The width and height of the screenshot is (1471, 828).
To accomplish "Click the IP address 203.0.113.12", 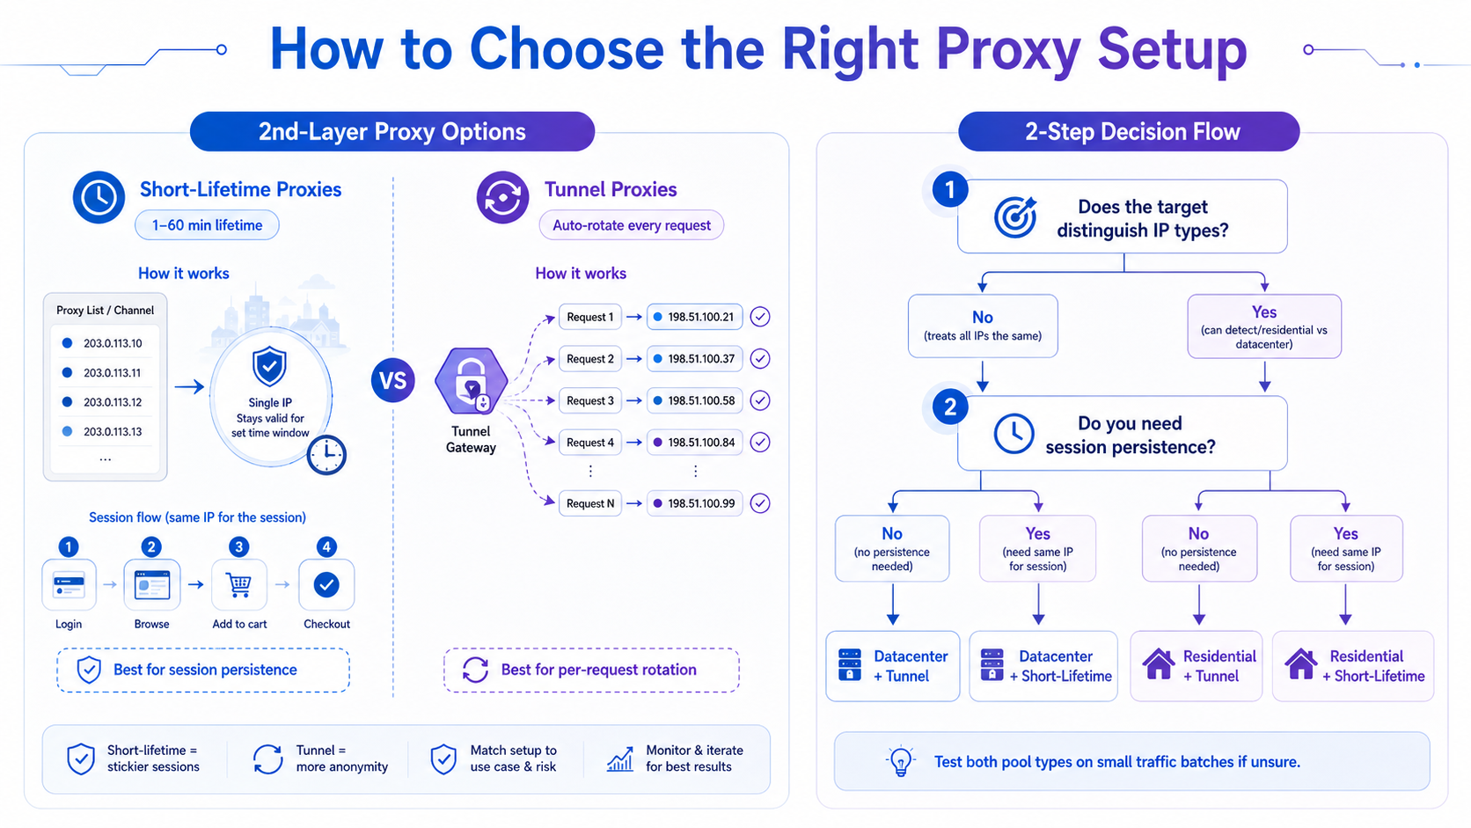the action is click(x=113, y=402).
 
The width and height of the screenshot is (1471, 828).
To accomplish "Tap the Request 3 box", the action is click(x=589, y=400).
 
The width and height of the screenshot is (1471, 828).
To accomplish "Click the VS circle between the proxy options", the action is click(x=392, y=380).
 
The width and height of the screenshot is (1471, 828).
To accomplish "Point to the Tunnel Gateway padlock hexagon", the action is click(x=471, y=381).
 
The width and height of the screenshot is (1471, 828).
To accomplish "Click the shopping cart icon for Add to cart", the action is click(x=238, y=583).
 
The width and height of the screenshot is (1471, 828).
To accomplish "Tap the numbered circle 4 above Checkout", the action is click(x=326, y=546).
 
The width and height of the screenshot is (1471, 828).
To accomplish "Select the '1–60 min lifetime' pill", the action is click(x=207, y=225).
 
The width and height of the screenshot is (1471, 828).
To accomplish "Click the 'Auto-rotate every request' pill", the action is click(x=631, y=225).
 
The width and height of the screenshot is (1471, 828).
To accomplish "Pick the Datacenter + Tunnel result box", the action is click(x=892, y=666).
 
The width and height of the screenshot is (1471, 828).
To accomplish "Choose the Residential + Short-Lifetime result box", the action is click(x=1353, y=666).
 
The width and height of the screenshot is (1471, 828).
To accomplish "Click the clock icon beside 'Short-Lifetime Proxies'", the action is click(x=99, y=197).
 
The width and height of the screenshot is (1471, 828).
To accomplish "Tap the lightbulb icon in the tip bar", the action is click(x=900, y=762).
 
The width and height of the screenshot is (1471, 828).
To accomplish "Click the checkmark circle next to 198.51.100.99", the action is click(x=760, y=503).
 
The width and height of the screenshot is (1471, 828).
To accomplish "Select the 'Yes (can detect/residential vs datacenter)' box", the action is click(x=1264, y=326).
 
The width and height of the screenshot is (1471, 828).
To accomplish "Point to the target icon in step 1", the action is click(x=1014, y=216).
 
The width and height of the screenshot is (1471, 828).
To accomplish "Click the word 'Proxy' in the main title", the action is click(x=1008, y=51).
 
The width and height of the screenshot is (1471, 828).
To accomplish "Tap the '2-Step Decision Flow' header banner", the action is click(x=1129, y=131).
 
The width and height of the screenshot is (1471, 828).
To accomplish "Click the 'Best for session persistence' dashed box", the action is click(x=203, y=670).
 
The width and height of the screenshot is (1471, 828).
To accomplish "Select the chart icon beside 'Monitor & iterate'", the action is click(x=620, y=759).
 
